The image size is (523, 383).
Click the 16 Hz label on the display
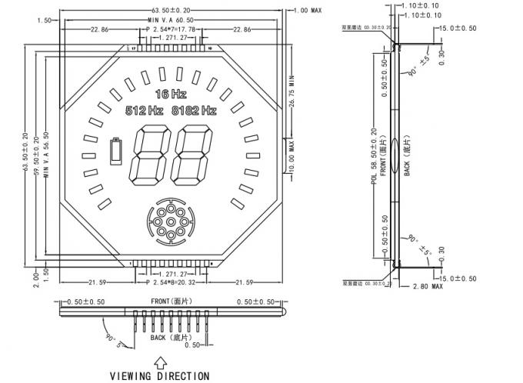click(x=170, y=94)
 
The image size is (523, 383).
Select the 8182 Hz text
click(x=194, y=111)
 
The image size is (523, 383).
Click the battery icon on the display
click(x=117, y=151)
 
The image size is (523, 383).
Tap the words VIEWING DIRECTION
click(x=159, y=376)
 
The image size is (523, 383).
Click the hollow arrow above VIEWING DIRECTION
click(x=159, y=361)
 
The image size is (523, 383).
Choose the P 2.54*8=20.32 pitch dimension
click(x=170, y=282)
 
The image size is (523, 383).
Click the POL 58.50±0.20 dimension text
click(x=374, y=158)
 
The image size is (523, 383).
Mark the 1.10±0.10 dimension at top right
click(x=423, y=15)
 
